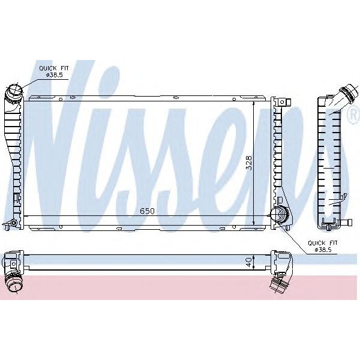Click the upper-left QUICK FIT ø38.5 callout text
(53, 73)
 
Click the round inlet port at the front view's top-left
(14, 93)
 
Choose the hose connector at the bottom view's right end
(279, 281)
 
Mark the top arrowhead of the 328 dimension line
(254, 104)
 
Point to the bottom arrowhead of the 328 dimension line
(254, 223)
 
